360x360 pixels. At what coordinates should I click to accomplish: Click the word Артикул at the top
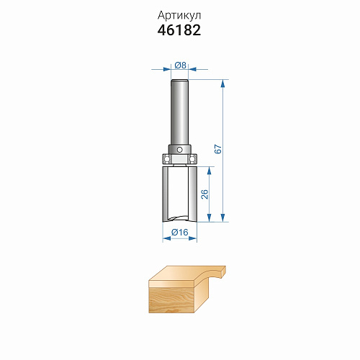tap(179, 16)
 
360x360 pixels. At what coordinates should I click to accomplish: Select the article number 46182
tap(179, 30)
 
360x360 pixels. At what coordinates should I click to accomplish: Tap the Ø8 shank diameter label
tap(180, 65)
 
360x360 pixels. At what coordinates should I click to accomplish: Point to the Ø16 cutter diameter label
tap(180, 233)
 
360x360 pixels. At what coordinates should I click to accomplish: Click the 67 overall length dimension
tap(218, 149)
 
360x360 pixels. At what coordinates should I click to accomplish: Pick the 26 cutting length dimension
tap(204, 194)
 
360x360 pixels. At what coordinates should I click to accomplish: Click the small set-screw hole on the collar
tap(179, 150)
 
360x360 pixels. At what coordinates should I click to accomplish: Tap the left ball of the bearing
tap(166, 158)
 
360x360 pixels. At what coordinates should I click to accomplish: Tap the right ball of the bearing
tap(192, 158)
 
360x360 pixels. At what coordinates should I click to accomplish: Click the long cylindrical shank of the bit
tap(179, 112)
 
